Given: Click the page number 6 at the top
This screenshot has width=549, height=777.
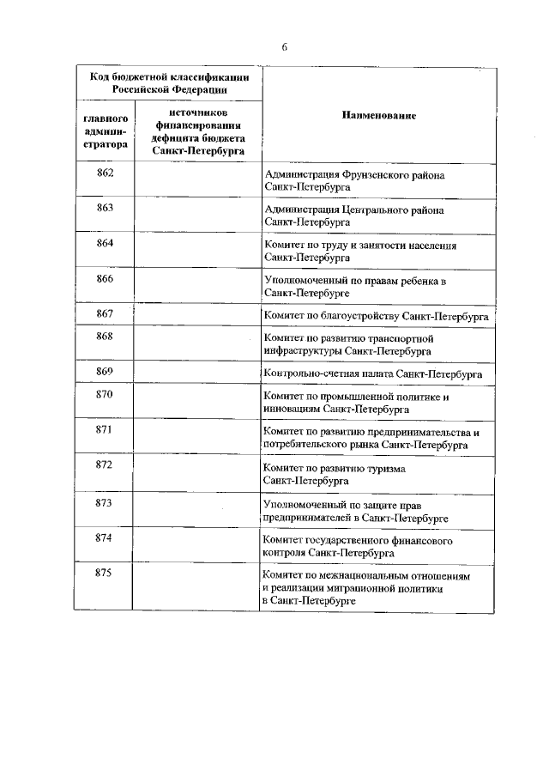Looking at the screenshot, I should [284, 46].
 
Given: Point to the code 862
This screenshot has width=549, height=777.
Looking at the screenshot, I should [105, 171].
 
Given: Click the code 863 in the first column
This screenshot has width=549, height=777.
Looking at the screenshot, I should [105, 208].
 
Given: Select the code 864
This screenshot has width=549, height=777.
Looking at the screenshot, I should [105, 244].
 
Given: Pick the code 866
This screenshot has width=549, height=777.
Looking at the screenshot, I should [105, 280].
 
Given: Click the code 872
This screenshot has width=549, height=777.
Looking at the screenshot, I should [105, 464].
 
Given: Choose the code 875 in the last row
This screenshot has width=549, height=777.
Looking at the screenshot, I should [105, 574].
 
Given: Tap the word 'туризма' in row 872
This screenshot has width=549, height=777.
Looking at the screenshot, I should [387, 470].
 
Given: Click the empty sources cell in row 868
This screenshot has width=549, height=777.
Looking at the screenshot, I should [196, 345].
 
